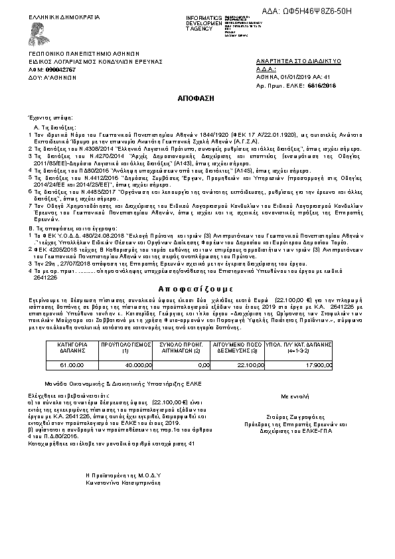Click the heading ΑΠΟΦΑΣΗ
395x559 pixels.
point(196,97)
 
